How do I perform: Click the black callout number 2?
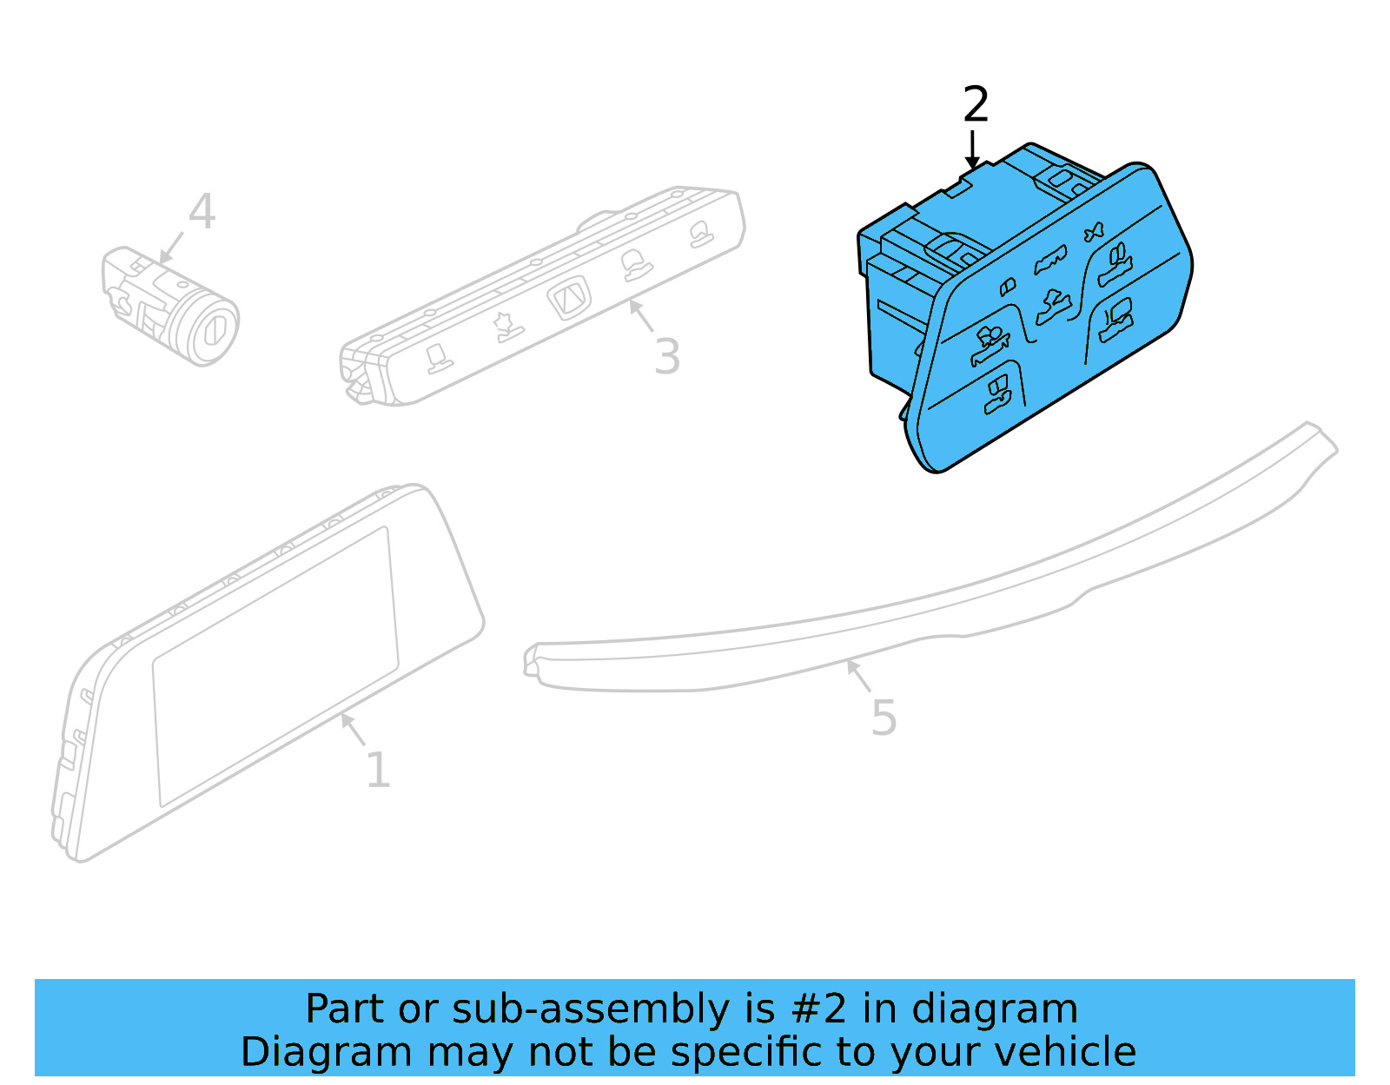(x=976, y=105)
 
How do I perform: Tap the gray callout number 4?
(x=202, y=212)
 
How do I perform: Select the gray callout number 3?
(x=667, y=356)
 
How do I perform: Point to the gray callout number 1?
(x=377, y=770)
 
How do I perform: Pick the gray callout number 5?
(x=884, y=718)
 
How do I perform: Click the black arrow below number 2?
(x=973, y=149)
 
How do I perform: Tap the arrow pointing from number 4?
(x=171, y=248)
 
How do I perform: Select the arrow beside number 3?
(x=641, y=315)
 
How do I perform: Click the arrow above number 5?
(x=858, y=675)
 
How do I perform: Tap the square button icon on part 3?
(x=569, y=299)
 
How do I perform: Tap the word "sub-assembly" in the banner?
(x=591, y=1010)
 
